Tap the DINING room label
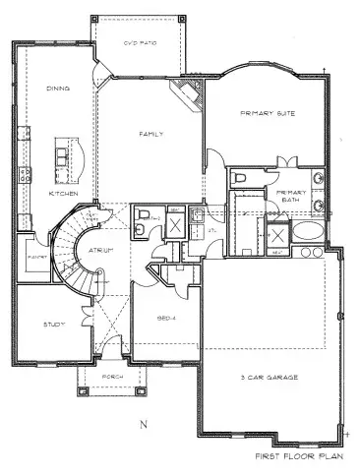pos(57,89)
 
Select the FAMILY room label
pos(150,134)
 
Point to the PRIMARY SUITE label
pos(263,113)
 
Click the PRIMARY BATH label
pos(292,195)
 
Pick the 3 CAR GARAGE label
pos(270,377)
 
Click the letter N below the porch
pos(142,424)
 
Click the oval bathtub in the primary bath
pos(306,233)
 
